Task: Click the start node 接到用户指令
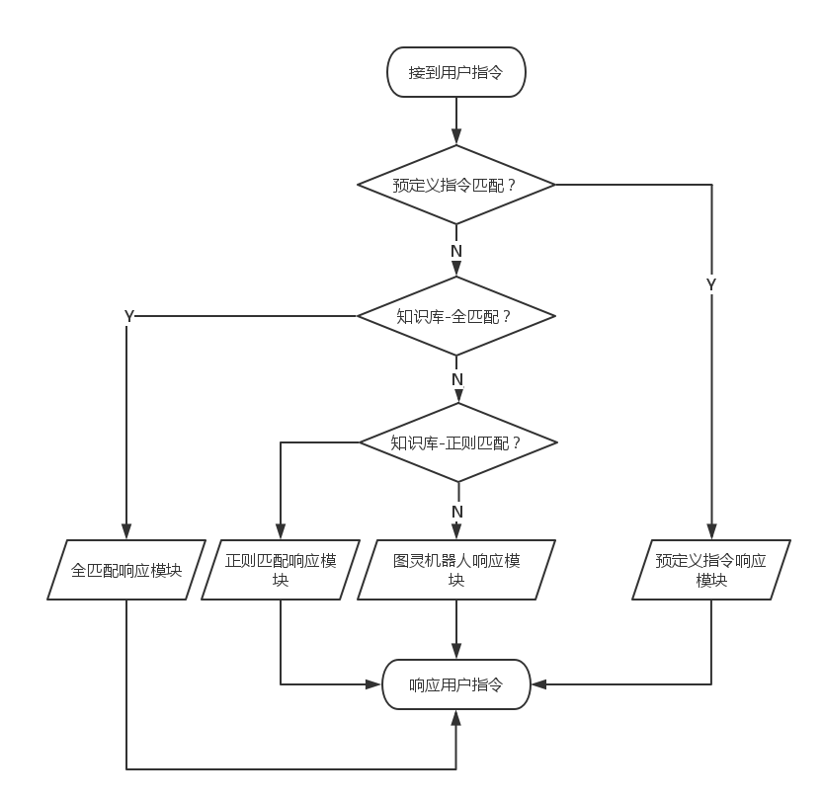tap(455, 72)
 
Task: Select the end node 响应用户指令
tap(455, 684)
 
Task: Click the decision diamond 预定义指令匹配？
tap(455, 185)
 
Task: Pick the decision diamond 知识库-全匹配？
tap(455, 316)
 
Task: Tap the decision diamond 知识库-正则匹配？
tap(456, 442)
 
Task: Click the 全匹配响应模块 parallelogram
tap(126, 570)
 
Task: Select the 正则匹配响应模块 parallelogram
tap(281, 570)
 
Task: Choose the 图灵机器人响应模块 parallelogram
tap(456, 570)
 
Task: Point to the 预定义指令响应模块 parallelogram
tap(711, 570)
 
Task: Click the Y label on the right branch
tap(711, 284)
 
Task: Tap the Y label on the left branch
tap(128, 316)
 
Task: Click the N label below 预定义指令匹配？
tap(455, 251)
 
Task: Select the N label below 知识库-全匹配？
tap(456, 379)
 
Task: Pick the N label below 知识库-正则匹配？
tap(456, 512)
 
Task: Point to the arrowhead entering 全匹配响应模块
tap(126, 532)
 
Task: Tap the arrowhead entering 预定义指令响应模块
tap(711, 532)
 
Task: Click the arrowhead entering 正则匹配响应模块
tap(281, 532)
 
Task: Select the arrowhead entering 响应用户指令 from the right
tap(537, 683)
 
